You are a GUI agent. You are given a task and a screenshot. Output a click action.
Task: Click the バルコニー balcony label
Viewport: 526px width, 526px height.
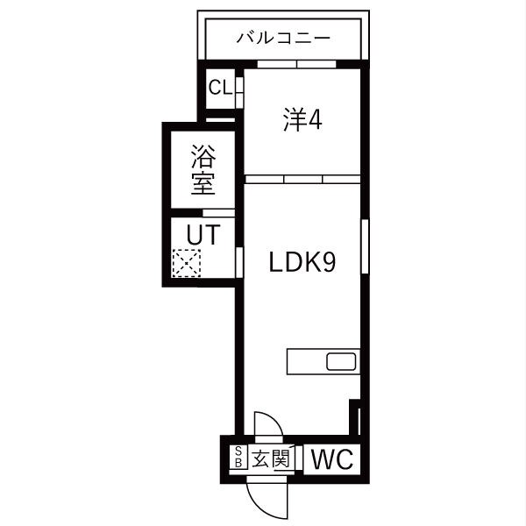point(283,39)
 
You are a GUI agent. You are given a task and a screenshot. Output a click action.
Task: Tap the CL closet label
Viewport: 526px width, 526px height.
point(219,88)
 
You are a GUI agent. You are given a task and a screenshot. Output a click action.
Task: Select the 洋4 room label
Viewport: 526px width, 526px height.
point(303,120)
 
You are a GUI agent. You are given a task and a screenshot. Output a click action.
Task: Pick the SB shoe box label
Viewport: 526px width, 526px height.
point(238,458)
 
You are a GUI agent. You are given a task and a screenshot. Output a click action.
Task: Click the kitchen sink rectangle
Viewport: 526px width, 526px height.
point(341,361)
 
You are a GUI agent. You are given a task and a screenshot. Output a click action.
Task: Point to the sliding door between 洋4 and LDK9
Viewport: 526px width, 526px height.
point(302,179)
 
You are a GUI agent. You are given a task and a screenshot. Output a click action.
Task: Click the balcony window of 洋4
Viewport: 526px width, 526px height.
point(295,64)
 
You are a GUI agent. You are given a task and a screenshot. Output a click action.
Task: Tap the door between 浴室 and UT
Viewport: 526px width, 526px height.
point(219,213)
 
